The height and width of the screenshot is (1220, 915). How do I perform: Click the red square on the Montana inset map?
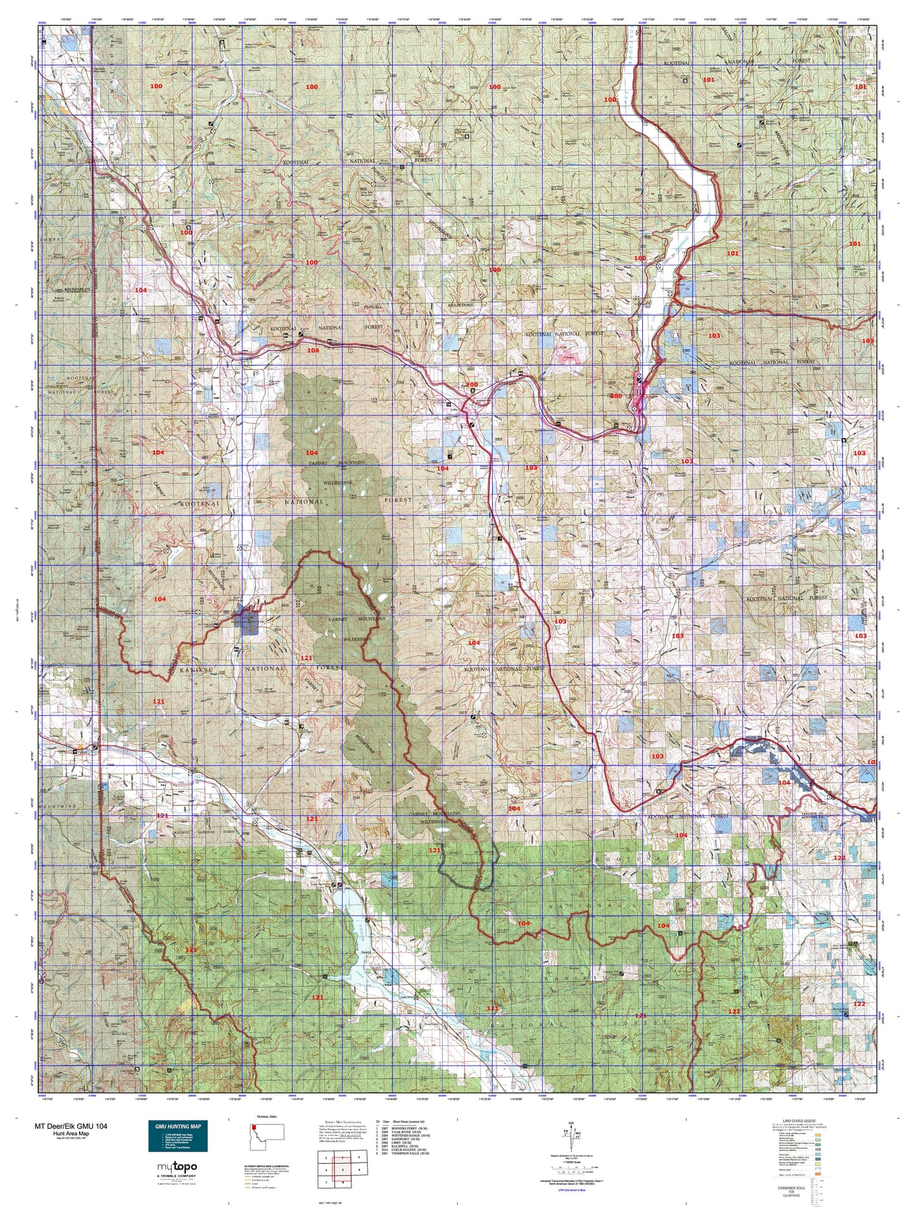[254, 1128]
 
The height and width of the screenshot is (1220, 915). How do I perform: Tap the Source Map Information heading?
[343, 1122]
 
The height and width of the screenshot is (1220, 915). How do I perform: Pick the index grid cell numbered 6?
[359, 1170]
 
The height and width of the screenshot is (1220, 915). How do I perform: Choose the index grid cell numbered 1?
[326, 1158]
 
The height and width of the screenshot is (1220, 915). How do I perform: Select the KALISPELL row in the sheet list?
[404, 1146]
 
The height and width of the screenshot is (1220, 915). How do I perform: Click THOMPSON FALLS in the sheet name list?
[405, 1154]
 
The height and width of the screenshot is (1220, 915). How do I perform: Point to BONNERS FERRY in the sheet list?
[404, 1128]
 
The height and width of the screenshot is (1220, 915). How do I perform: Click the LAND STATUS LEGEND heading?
[799, 1121]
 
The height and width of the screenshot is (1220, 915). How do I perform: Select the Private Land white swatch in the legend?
[817, 1169]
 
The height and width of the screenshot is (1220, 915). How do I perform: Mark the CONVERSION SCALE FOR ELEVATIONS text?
[792, 1192]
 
